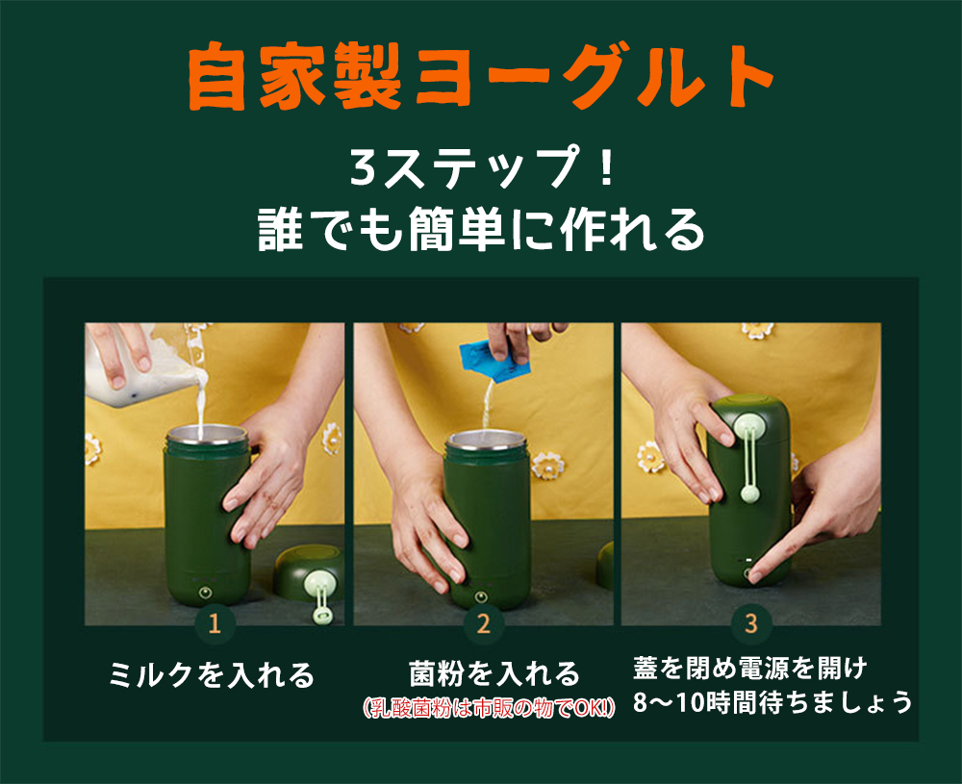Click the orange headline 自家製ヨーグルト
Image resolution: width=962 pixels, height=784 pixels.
(x=480, y=77)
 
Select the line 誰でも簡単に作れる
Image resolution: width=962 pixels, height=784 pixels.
(x=482, y=229)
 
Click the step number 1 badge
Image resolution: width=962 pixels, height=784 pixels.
(x=215, y=624)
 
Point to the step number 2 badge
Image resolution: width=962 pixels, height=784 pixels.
(x=484, y=624)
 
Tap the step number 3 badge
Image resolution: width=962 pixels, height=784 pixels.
(x=751, y=624)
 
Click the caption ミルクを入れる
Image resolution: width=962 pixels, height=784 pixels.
(x=212, y=674)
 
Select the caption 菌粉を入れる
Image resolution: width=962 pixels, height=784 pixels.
(x=494, y=673)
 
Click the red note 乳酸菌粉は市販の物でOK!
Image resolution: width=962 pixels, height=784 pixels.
(x=489, y=708)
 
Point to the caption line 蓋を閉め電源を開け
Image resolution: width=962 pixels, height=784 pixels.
(x=749, y=668)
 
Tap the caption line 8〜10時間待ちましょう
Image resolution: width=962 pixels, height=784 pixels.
(x=772, y=702)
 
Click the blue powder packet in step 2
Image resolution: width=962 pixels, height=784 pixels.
(x=494, y=363)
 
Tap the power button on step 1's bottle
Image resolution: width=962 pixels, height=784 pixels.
(x=206, y=593)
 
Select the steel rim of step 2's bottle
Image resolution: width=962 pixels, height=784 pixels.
(x=486, y=440)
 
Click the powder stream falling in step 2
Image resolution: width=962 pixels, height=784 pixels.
(x=489, y=404)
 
